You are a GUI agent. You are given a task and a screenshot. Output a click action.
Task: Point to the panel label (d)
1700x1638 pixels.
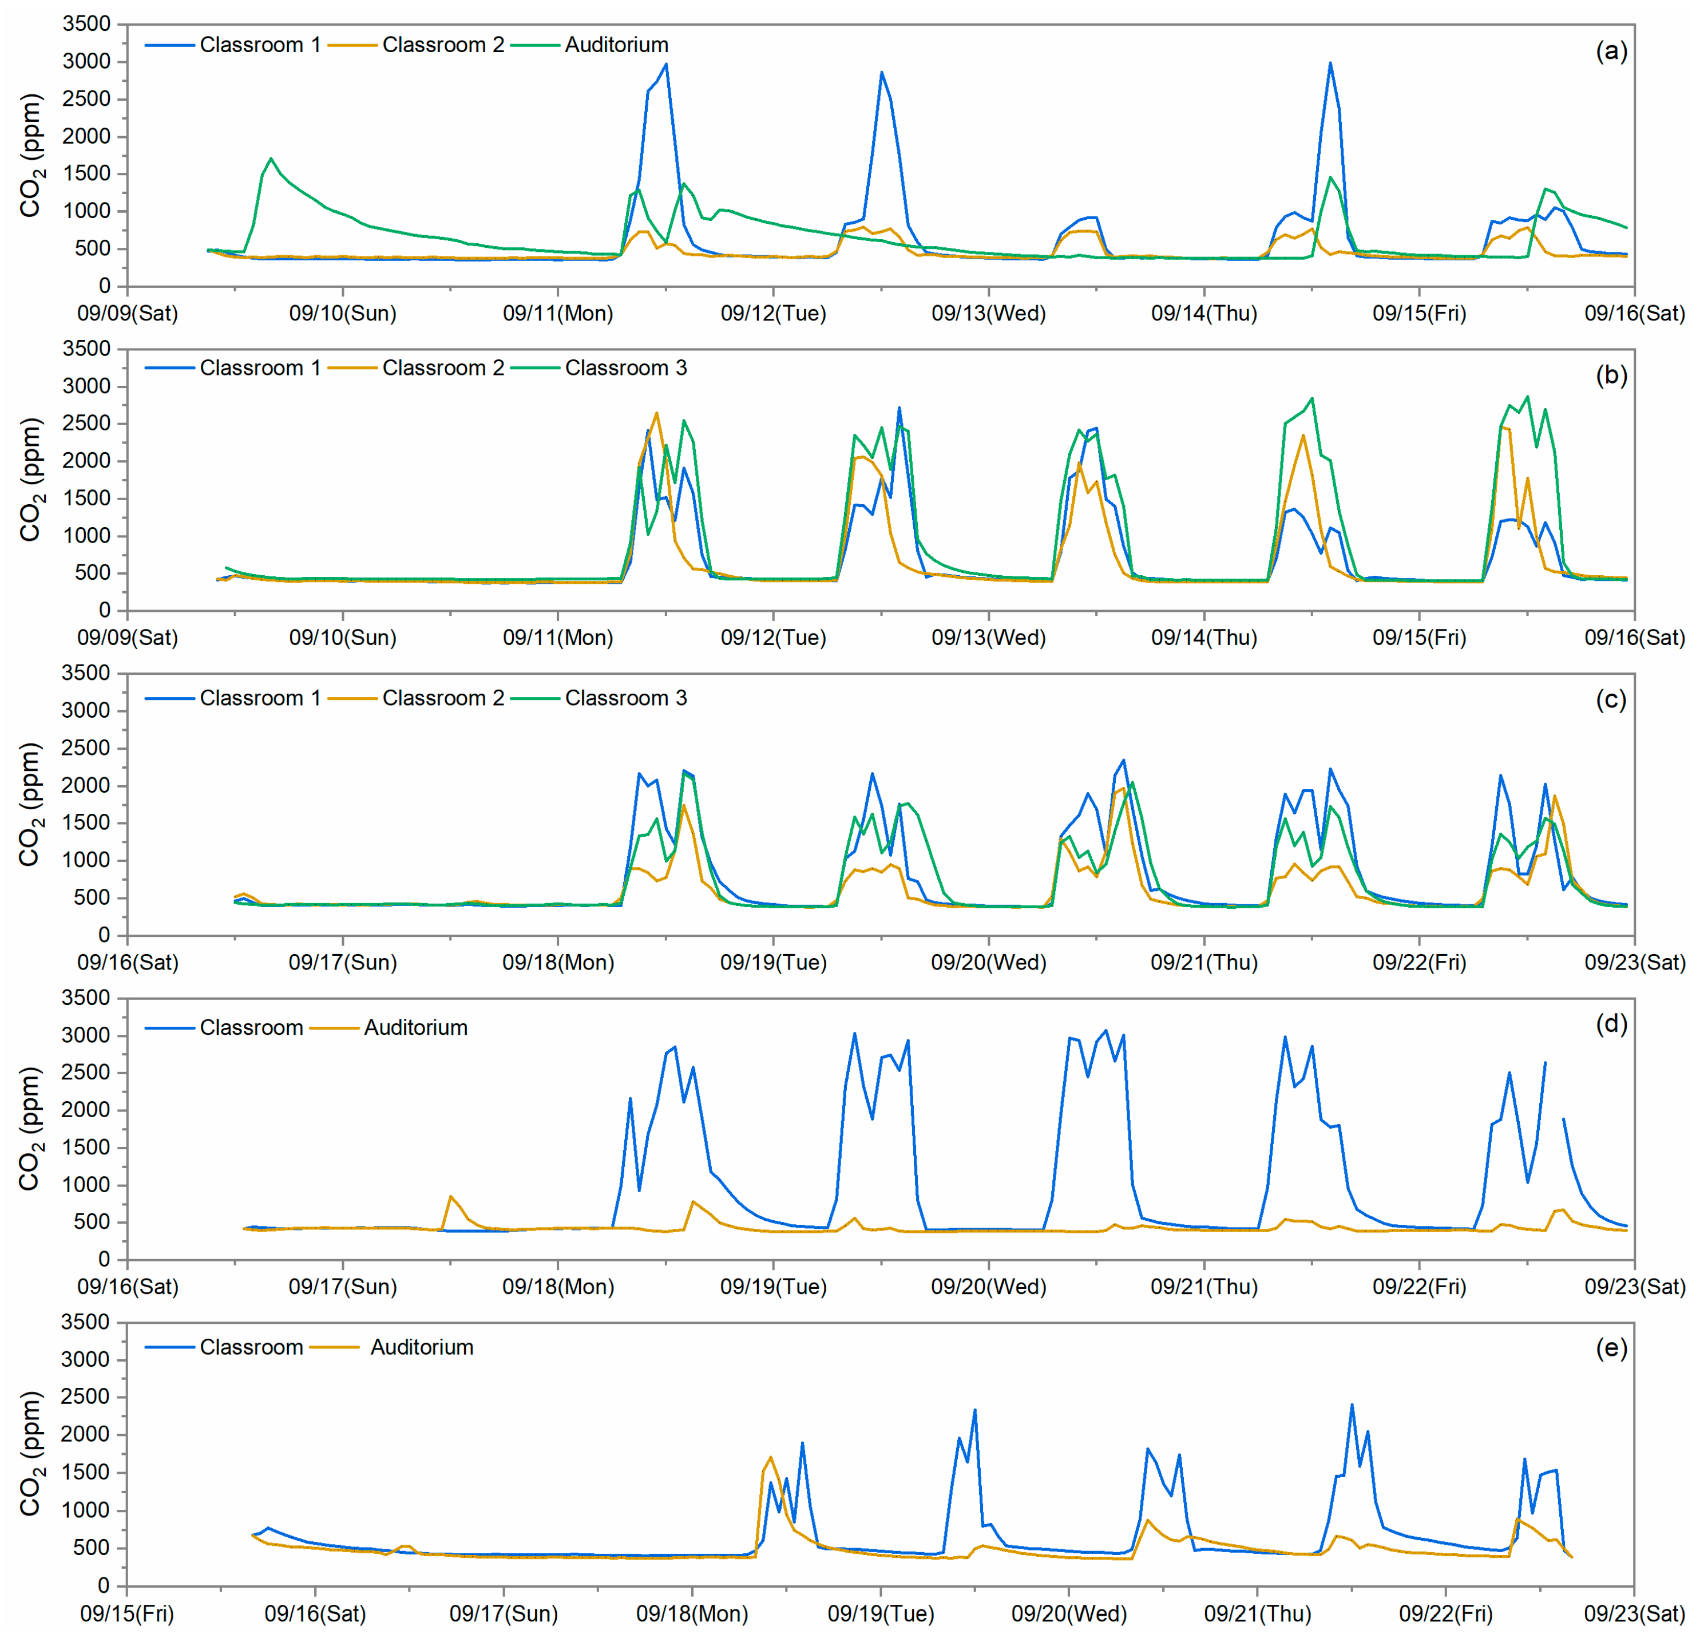(x=1611, y=1024)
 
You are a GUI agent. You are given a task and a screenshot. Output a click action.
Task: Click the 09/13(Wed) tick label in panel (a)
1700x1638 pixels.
(x=988, y=313)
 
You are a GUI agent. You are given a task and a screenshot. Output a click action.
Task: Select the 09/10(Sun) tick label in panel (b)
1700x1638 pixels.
(x=343, y=638)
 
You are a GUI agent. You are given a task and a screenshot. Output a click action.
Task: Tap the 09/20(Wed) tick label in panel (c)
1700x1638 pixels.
(x=988, y=962)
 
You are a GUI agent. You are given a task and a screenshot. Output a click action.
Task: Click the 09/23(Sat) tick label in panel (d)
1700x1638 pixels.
(x=1634, y=1287)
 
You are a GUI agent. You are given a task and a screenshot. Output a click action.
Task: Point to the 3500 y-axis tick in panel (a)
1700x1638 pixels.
(x=87, y=24)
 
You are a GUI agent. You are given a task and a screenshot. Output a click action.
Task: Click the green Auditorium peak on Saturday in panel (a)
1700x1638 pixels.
(x=271, y=159)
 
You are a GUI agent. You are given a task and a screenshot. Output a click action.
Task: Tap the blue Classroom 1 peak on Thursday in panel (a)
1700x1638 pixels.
(x=1330, y=64)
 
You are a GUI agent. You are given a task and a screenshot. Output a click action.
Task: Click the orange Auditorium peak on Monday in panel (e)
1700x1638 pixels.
(x=770, y=1458)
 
